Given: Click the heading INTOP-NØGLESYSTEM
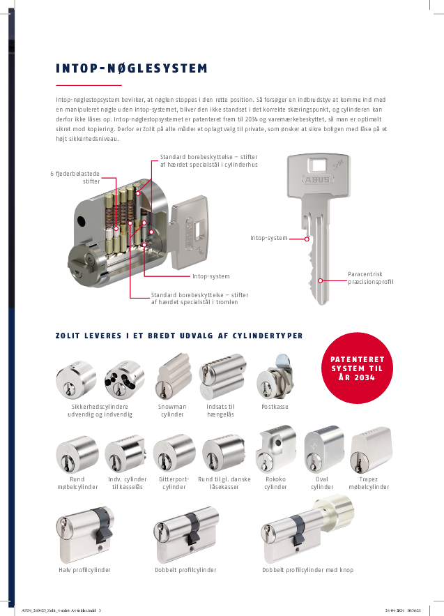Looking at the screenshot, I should point(132,68).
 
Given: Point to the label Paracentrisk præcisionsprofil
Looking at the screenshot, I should point(372,278).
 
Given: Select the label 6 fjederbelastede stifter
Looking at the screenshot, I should point(75,176).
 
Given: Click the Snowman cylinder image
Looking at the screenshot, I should point(172,376).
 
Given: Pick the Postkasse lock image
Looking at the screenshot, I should point(274,377).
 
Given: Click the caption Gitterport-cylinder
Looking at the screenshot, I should point(174,483).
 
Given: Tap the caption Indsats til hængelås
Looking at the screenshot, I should point(220,410).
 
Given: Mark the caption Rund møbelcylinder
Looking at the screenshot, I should point(77,483).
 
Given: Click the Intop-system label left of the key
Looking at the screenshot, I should point(269,239).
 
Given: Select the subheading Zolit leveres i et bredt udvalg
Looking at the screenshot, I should point(179,336).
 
